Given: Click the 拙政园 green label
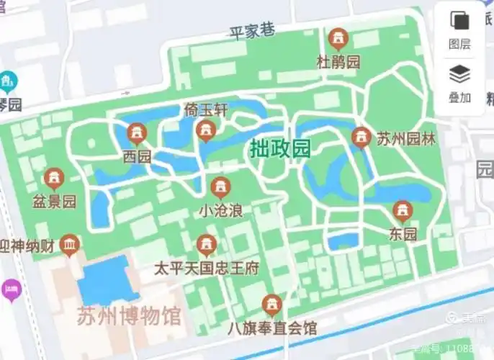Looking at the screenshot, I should click(280, 149).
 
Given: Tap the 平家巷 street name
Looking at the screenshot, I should click(252, 31).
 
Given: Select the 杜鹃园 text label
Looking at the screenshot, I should click(338, 62).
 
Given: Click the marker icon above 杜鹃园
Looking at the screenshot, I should click(337, 38).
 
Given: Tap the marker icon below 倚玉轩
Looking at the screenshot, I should click(207, 130).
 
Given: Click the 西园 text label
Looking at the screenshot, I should click(137, 156).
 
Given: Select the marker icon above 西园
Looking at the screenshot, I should click(136, 132).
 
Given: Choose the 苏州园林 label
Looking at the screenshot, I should click(406, 138).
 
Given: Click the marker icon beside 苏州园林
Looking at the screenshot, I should click(361, 136).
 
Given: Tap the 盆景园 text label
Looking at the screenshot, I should click(54, 201).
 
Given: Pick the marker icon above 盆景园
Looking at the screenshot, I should click(53, 178).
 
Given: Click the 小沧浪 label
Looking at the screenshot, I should click(220, 212).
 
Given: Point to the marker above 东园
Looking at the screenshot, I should click(403, 211).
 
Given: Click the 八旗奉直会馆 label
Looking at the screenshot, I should click(271, 328).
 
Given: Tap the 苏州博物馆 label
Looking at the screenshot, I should click(130, 316).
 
